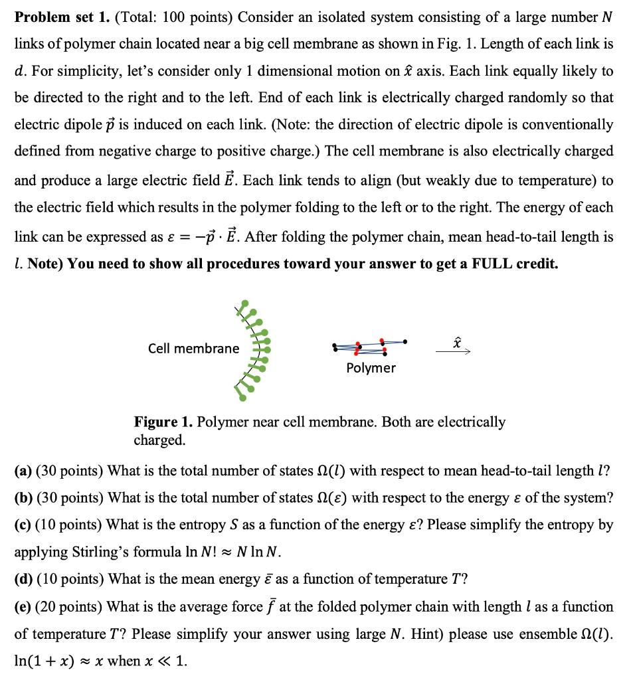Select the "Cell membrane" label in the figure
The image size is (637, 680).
click(x=193, y=348)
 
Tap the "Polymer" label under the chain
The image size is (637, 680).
click(x=371, y=368)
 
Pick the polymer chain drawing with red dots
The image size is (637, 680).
click(x=369, y=345)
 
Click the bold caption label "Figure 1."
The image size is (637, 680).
click(x=163, y=422)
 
